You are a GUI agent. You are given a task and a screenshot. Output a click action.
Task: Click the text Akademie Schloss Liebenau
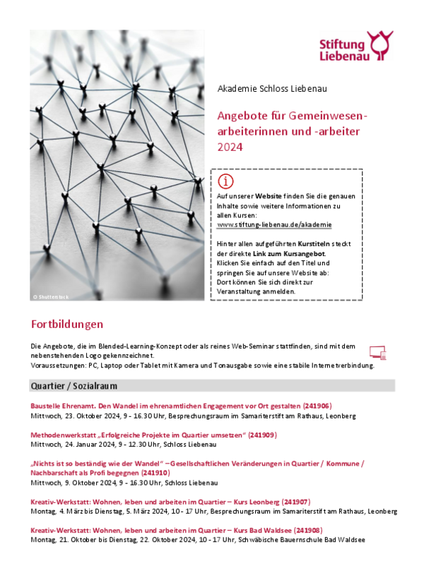coord(272,89)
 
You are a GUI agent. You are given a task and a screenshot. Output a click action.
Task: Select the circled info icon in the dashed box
coord(225,181)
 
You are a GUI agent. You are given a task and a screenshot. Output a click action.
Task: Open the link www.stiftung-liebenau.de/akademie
coord(274,224)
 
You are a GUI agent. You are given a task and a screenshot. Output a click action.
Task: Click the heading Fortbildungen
coord(67,325)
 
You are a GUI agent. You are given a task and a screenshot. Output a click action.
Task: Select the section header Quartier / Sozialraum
coord(73,386)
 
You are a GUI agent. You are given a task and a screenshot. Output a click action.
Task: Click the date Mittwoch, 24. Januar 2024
coord(74,444)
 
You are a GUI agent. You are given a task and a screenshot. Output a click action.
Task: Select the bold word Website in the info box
coord(269,195)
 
